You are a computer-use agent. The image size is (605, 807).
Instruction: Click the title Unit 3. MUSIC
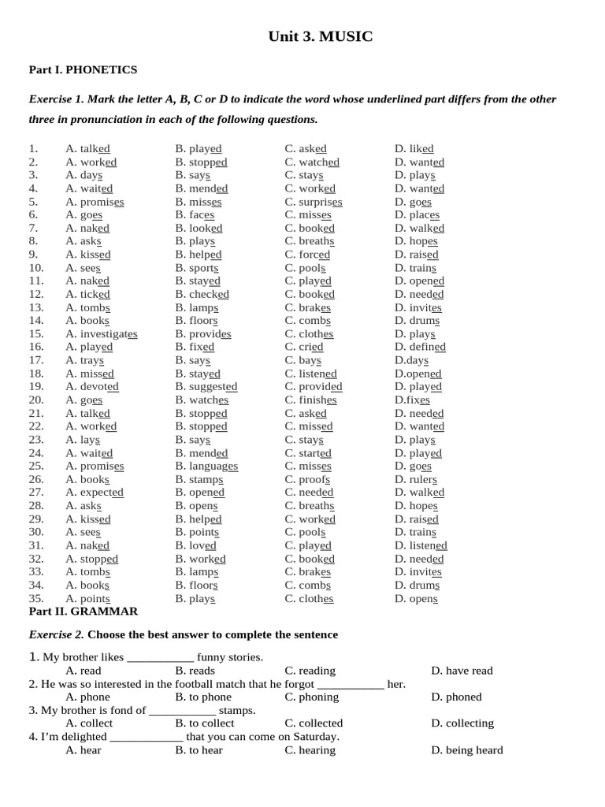321,36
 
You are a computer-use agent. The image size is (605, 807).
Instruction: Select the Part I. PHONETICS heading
83,70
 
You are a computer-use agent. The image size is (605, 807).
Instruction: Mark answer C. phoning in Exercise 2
312,697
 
